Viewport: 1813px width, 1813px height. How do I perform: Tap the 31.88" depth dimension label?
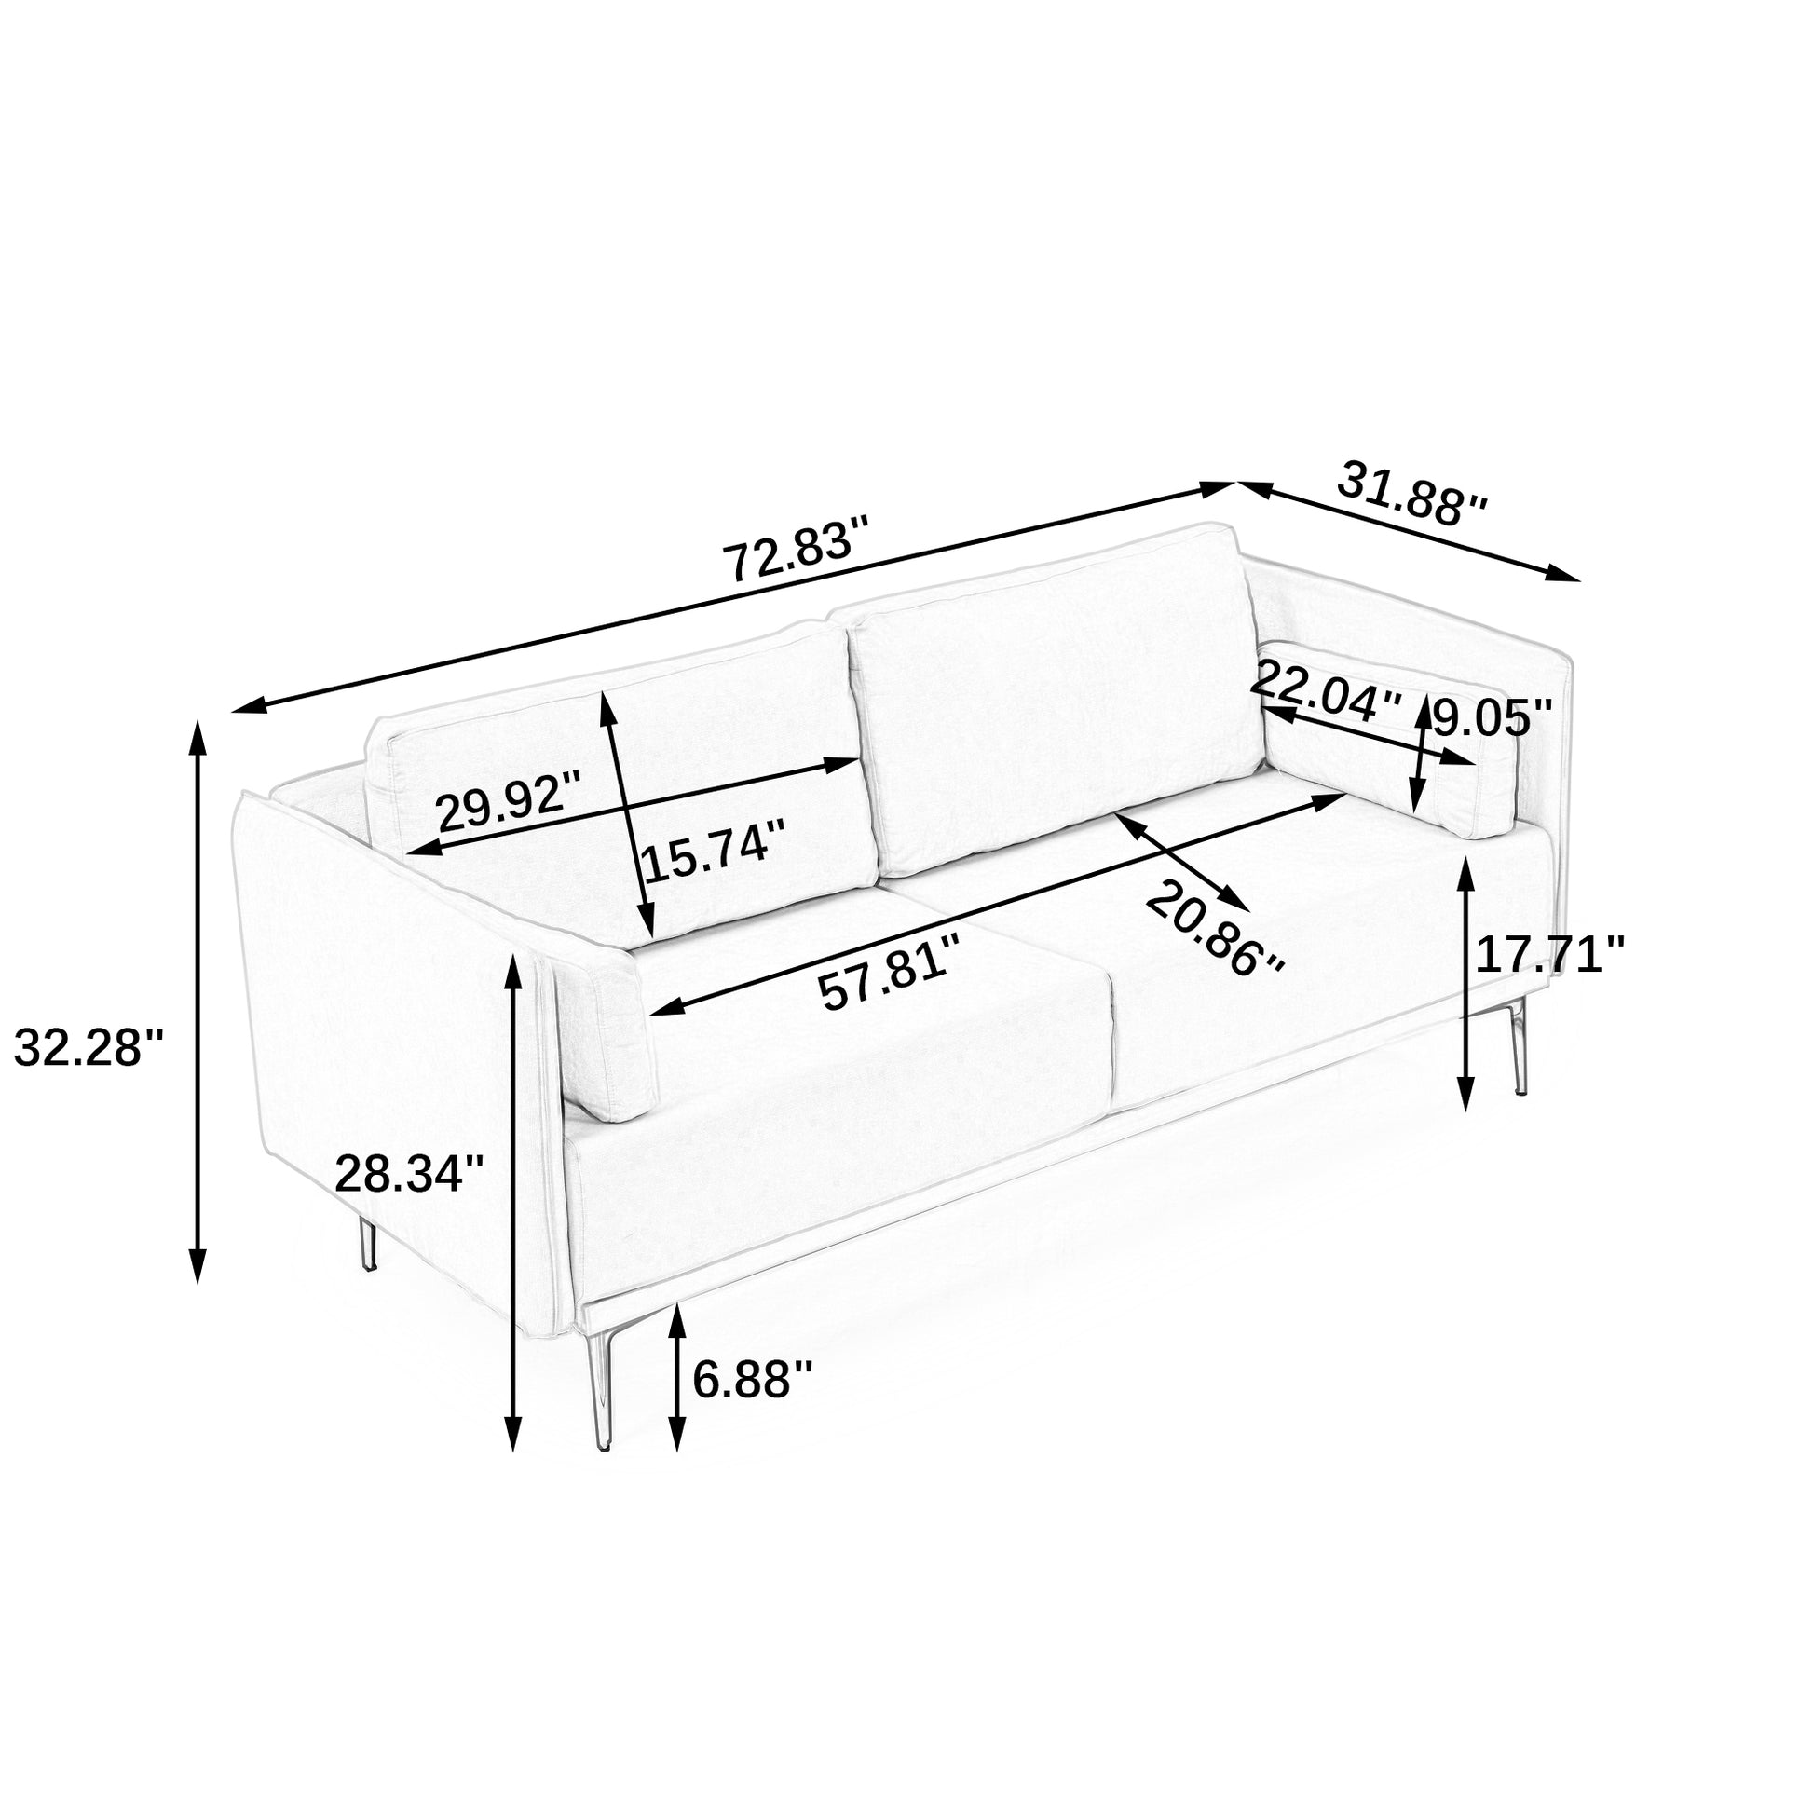1411,495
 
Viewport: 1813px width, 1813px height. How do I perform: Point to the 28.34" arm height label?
409,1173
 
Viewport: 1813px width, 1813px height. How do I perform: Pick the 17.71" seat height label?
1549,955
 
